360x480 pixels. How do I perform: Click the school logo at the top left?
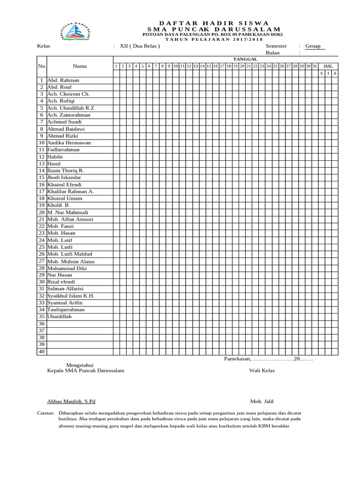[x=75, y=31]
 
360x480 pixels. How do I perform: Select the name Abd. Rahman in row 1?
[x=63, y=80]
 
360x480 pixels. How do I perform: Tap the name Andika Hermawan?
[x=69, y=142]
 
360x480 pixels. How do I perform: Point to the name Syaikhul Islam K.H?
[x=71, y=296]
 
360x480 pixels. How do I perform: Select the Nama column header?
[x=80, y=66]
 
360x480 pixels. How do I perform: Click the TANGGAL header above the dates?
[x=245, y=59]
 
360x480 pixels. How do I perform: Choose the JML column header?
[x=328, y=66]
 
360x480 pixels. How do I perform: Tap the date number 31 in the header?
[x=315, y=66]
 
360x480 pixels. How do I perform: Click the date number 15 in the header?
[x=209, y=66]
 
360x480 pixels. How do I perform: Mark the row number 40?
[x=41, y=352]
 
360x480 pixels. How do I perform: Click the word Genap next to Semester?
[x=313, y=46]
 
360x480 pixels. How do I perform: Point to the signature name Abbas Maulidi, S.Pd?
[x=71, y=402]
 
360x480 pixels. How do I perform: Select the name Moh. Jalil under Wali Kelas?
[x=262, y=402]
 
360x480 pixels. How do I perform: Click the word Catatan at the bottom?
[x=45, y=412]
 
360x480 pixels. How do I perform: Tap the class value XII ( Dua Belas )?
[x=140, y=46]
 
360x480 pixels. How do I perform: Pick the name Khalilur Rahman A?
[x=70, y=191]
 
